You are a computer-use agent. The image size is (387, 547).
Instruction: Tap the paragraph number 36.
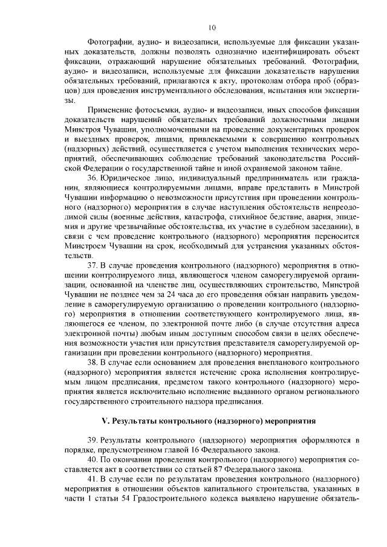pos(93,178)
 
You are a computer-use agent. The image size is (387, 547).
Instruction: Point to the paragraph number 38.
pos(93,361)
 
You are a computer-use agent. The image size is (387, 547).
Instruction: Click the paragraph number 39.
pos(93,440)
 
